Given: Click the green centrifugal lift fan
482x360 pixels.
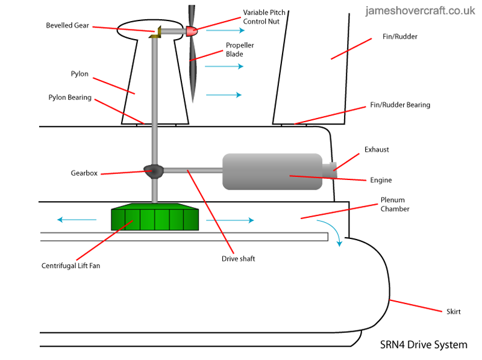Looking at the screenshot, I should [x=155, y=219].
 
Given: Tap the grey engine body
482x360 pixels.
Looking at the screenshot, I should [x=272, y=171].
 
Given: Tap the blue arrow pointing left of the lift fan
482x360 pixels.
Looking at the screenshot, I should [x=72, y=220].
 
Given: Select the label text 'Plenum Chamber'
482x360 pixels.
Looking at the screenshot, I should [x=395, y=204].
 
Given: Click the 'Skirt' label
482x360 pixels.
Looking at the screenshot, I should [x=454, y=311].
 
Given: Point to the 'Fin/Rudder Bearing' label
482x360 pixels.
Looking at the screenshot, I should [x=400, y=105].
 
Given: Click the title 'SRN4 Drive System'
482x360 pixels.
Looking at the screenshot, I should [x=424, y=345].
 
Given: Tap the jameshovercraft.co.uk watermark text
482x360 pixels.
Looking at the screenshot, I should [x=420, y=10].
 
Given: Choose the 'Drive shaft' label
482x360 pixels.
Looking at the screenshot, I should [x=239, y=259].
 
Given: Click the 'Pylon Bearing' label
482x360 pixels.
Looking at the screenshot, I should [x=70, y=97].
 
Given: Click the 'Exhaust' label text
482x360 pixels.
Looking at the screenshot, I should [x=377, y=149].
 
